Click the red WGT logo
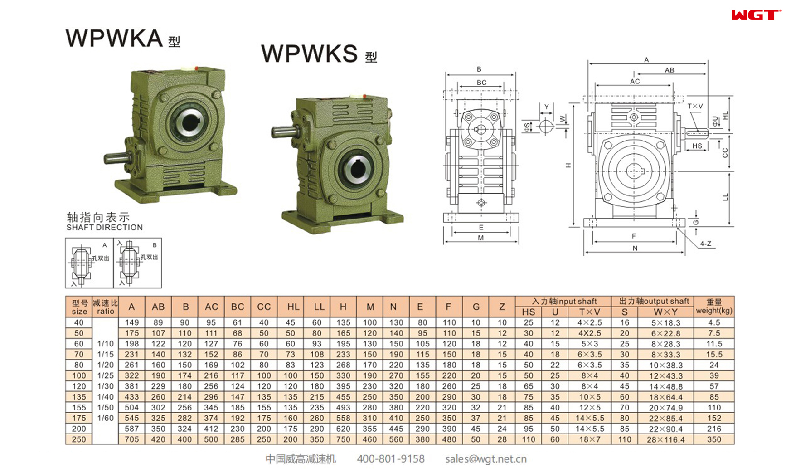[756, 15]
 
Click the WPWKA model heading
[114, 38]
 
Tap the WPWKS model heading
[310, 54]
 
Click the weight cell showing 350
[713, 439]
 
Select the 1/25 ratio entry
[105, 375]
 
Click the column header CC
[264, 307]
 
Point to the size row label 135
[79, 397]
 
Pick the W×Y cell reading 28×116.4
[665, 439]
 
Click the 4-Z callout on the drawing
[705, 244]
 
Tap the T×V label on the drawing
[694, 106]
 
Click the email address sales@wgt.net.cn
[485, 459]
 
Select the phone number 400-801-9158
[390, 459]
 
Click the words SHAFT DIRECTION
[104, 228]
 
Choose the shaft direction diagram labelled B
[137, 263]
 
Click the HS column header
[528, 312]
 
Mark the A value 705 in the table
[131, 439]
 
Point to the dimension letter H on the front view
[568, 166]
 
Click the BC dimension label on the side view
[481, 83]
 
